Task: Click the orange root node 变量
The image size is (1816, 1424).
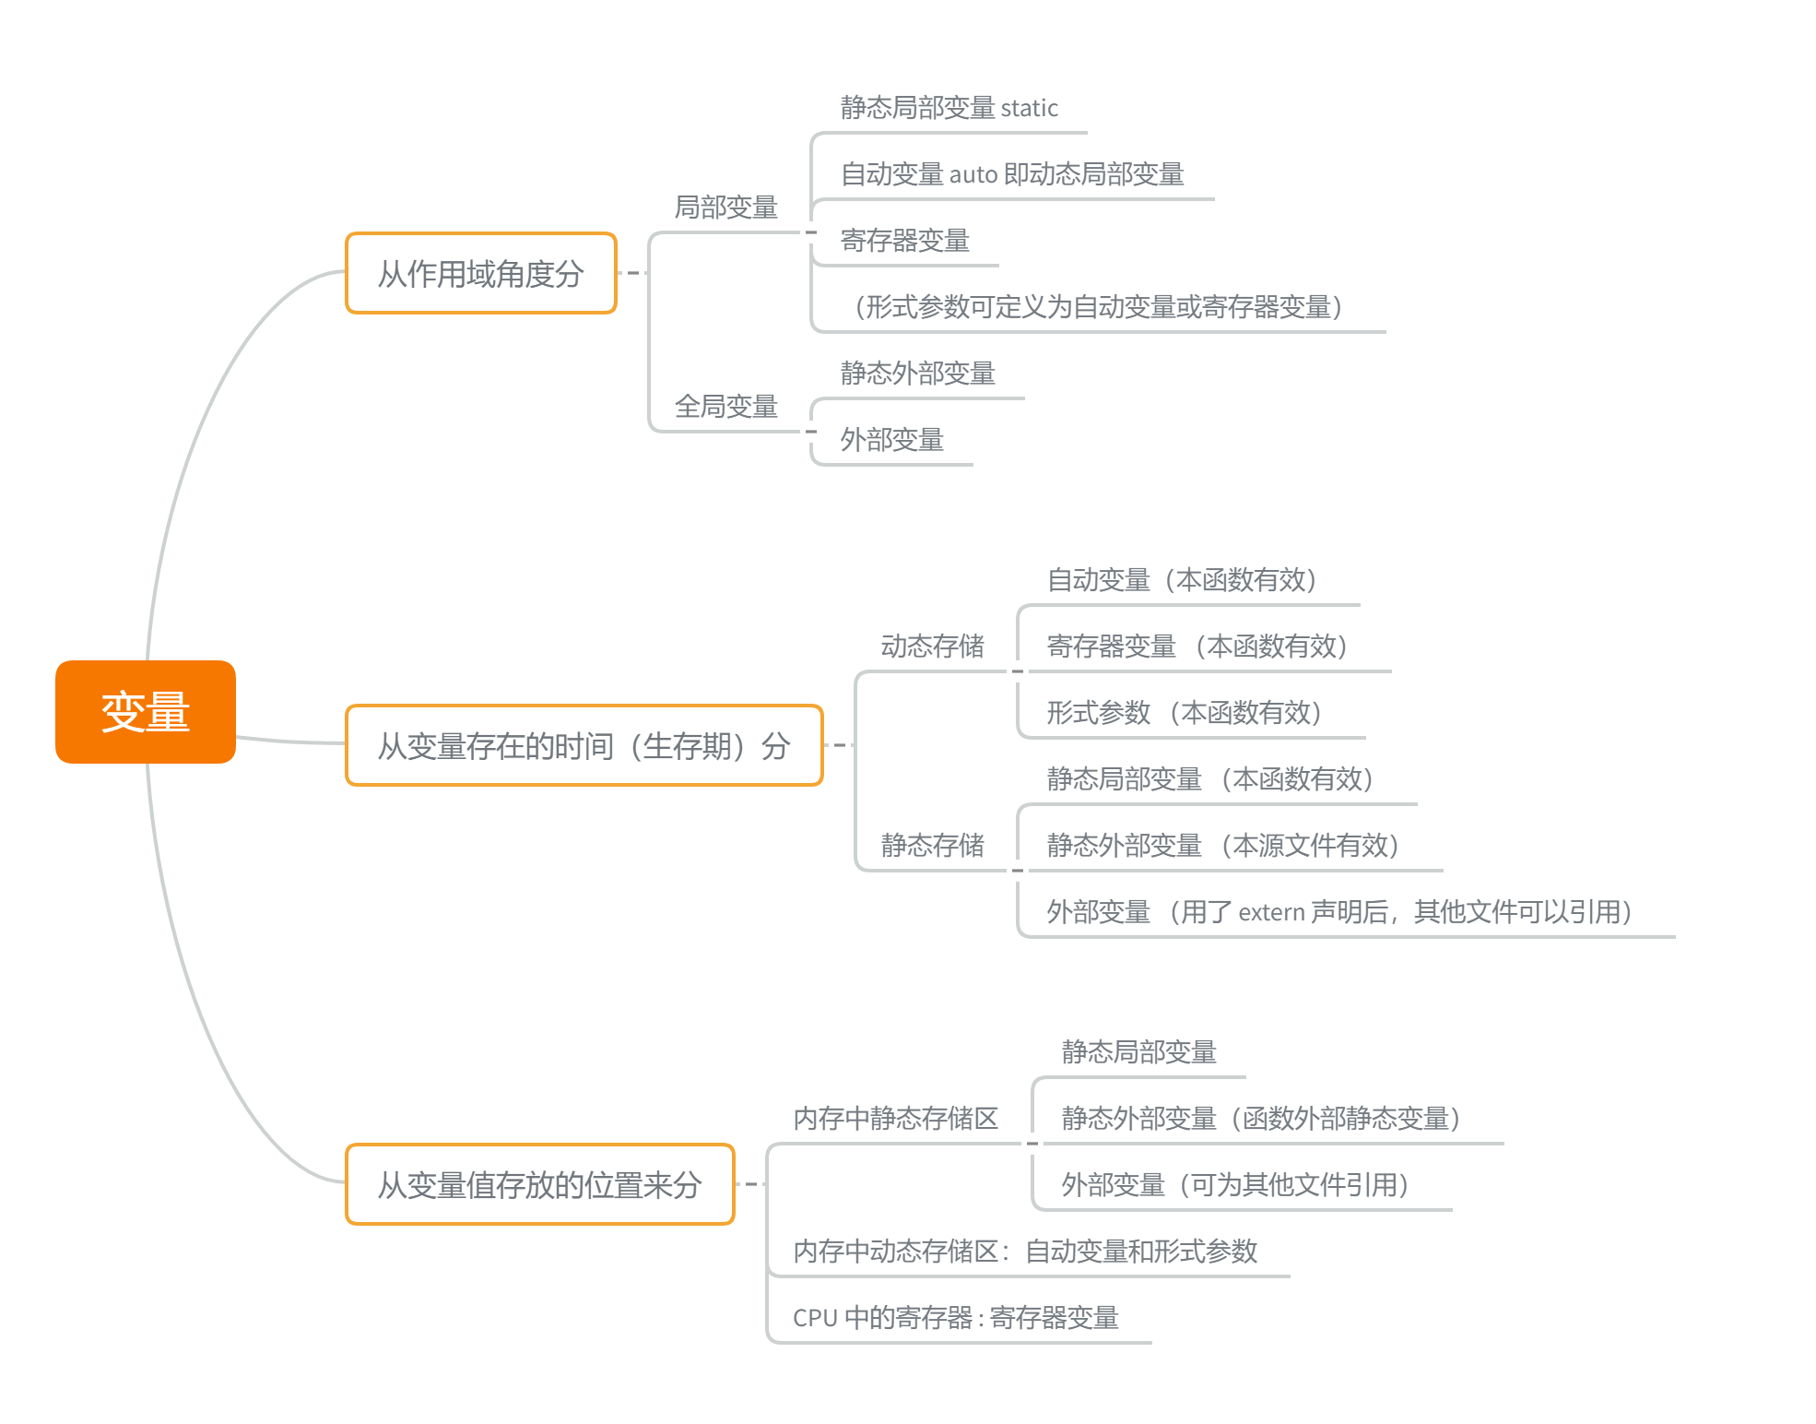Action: pyautogui.click(x=146, y=712)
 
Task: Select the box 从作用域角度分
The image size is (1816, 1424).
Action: pyautogui.click(x=480, y=274)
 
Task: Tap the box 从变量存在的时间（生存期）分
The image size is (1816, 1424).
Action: pyautogui.click(x=584, y=746)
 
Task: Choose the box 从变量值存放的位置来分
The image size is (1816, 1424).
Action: pyautogui.click(x=539, y=1185)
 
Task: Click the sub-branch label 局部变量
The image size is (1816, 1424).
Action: pyautogui.click(x=725, y=208)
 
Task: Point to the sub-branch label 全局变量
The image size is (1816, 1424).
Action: pyautogui.click(x=725, y=407)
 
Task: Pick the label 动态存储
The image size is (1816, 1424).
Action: pyautogui.click(x=932, y=647)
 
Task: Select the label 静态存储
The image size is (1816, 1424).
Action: pyautogui.click(x=932, y=846)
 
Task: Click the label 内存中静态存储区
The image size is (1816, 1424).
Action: pyautogui.click(x=895, y=1119)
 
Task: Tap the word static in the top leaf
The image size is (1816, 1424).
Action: pyautogui.click(x=1029, y=109)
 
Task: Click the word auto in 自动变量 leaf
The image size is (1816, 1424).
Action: pyautogui.click(x=973, y=175)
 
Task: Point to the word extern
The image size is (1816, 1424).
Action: pyautogui.click(x=1271, y=913)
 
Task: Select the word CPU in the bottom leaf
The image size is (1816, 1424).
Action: pyautogui.click(x=815, y=1318)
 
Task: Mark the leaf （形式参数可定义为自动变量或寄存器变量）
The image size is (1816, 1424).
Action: pyautogui.click(x=1097, y=307)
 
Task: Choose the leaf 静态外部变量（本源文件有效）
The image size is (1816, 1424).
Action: pyautogui.click(x=1222, y=846)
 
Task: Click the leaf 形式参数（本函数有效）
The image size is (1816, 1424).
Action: pyautogui.click(x=1184, y=713)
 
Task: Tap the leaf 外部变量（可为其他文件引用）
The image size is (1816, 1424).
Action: pyautogui.click(x=1234, y=1185)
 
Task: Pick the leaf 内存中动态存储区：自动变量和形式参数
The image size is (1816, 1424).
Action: pyautogui.click(x=1025, y=1252)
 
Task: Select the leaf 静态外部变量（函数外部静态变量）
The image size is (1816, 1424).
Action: pyautogui.click(x=1260, y=1119)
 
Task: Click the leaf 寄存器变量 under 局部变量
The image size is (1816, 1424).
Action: pyautogui.click(x=904, y=241)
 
